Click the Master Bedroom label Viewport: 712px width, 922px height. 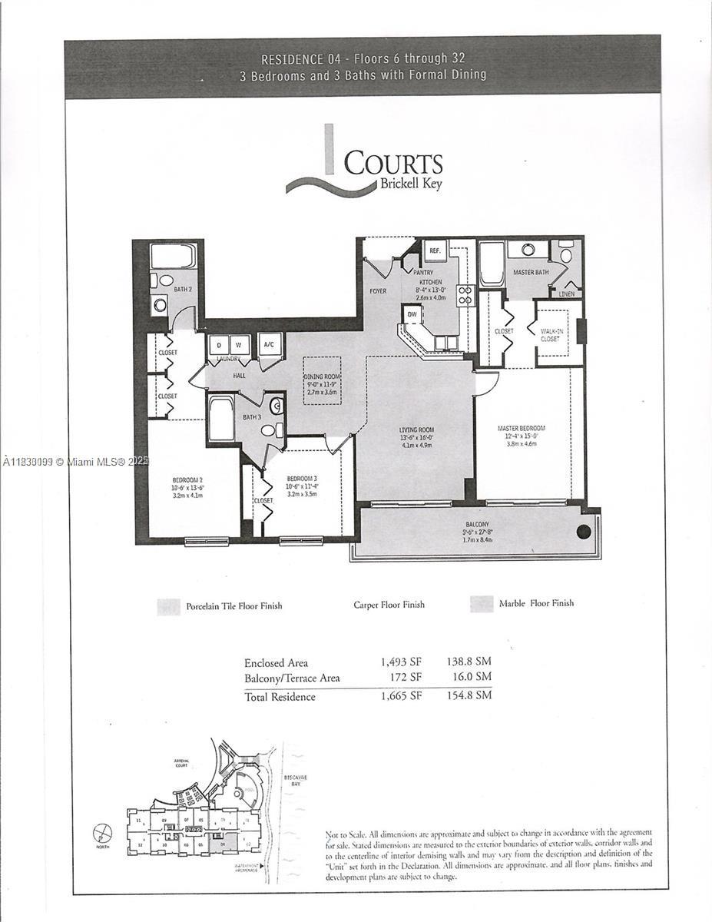tap(522, 428)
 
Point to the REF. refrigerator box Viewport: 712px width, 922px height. tap(434, 250)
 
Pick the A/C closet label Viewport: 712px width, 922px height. tap(269, 345)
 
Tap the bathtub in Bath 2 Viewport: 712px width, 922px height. tap(173, 256)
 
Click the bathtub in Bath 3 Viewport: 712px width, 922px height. tap(221, 419)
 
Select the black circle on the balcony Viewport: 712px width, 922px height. tap(584, 532)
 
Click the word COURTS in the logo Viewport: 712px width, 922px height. tap(392, 164)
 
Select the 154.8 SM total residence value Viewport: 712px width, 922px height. tap(469, 695)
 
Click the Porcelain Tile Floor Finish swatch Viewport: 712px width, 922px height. tap(167, 606)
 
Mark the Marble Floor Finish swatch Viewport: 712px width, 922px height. tap(482, 604)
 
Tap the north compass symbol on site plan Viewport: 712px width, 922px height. tap(102, 833)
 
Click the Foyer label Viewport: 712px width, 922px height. tap(377, 291)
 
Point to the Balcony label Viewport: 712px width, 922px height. tap(477, 524)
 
